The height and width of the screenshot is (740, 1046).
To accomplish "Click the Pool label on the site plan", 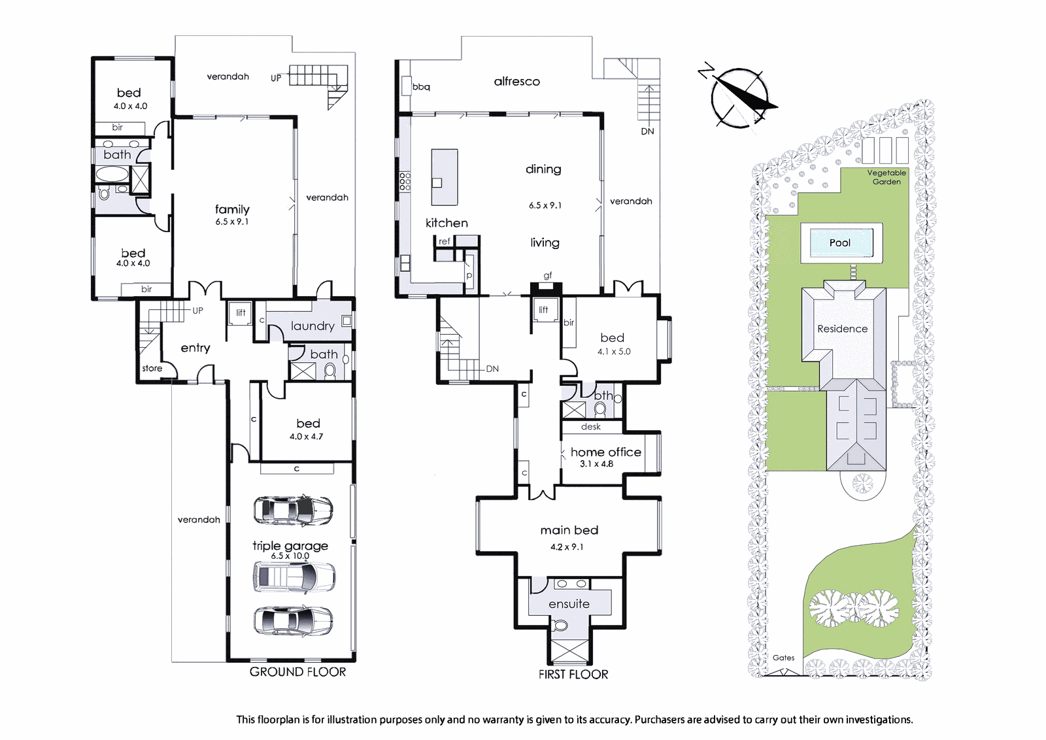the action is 839,243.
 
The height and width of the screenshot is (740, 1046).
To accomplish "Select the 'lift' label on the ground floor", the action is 241,312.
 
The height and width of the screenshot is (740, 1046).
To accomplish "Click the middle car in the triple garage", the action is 294,577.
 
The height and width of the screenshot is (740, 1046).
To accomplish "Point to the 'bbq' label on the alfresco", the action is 421,87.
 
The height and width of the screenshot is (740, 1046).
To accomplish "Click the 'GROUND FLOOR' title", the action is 297,672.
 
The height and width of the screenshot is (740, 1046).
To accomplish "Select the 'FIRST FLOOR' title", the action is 573,674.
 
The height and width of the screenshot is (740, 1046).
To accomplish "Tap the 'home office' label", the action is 605,452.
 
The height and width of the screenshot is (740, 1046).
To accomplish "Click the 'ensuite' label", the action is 569,603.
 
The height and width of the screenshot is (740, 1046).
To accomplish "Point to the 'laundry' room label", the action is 312,326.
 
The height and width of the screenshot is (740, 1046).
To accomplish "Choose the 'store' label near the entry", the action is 152,369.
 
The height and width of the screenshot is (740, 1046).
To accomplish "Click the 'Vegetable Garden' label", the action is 886,177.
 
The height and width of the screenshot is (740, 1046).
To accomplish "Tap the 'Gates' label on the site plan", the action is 783,658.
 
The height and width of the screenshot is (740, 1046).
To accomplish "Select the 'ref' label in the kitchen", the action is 444,241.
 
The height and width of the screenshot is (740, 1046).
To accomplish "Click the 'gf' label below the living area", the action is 548,276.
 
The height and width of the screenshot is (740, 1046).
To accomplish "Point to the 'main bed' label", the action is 569,530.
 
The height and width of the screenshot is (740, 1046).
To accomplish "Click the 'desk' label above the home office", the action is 591,426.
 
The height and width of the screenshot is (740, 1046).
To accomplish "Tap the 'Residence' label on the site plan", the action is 842,329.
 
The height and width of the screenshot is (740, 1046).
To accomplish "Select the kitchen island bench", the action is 444,177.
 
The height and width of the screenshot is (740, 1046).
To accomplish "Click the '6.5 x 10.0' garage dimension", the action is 290,556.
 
